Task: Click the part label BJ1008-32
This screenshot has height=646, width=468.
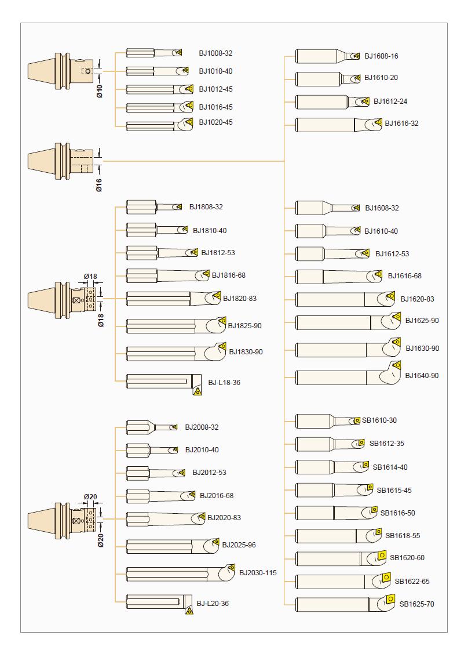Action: click(x=215, y=53)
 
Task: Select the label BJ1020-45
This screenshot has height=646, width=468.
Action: click(x=215, y=122)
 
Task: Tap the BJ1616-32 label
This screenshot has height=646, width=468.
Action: click(x=401, y=124)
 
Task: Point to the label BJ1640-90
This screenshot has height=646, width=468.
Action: click(x=422, y=376)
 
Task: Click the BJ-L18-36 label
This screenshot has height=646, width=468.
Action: click(x=224, y=383)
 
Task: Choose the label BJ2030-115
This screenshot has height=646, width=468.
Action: click(x=258, y=573)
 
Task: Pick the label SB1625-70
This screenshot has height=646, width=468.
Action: click(x=416, y=604)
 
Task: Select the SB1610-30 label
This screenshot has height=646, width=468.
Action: click(x=379, y=420)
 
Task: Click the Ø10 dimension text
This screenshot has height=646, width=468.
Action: click(x=100, y=90)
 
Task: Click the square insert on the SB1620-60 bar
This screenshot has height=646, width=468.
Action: click(x=382, y=555)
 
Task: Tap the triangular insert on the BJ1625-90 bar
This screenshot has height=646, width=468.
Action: click(x=396, y=317)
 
